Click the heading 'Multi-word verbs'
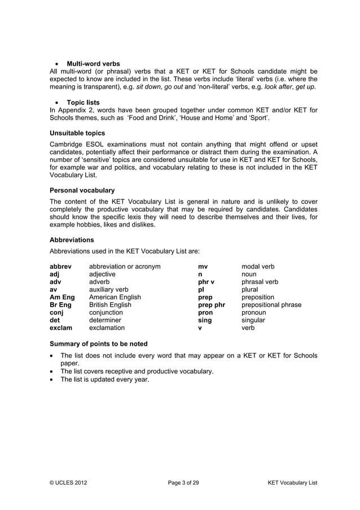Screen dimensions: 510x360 click(x=93, y=63)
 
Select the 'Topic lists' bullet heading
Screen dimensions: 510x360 click(x=84, y=102)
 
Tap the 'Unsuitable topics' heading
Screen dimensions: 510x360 click(x=77, y=133)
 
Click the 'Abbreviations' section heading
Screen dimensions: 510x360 click(x=72, y=239)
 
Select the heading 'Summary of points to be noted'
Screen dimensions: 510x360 click(x=99, y=343)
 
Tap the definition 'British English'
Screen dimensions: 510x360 click(x=110, y=304)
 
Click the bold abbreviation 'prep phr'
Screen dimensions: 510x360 click(x=212, y=304)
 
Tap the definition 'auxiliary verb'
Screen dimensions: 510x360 click(x=109, y=289)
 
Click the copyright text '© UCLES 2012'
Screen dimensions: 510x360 click(x=68, y=483)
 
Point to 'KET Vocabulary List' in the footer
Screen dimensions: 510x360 click(x=292, y=483)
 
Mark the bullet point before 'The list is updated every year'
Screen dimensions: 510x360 click(x=52, y=380)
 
